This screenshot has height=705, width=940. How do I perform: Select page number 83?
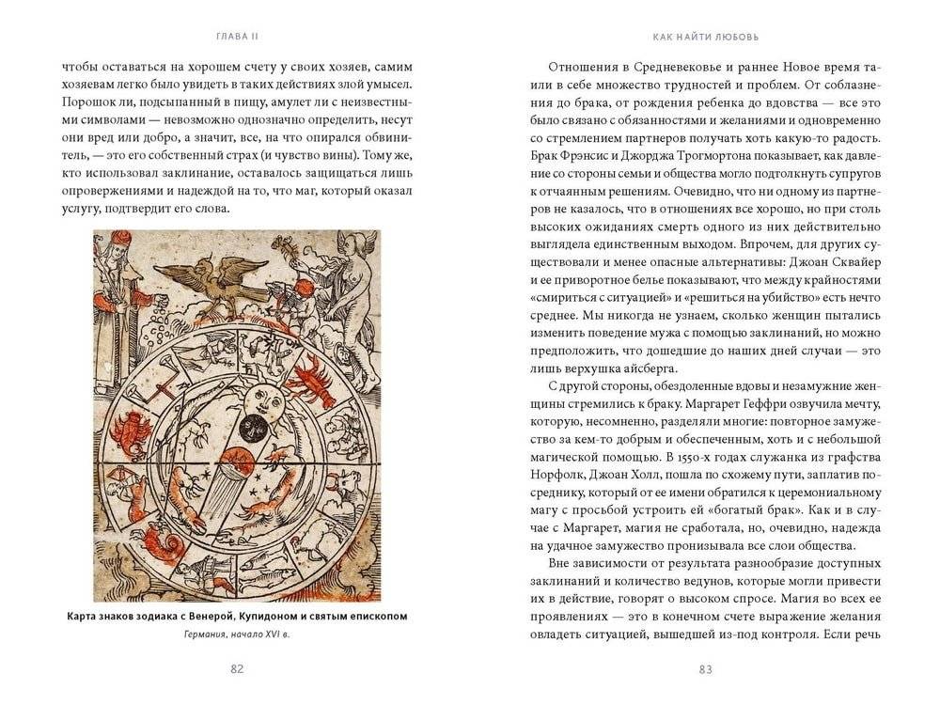[x=706, y=668]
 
